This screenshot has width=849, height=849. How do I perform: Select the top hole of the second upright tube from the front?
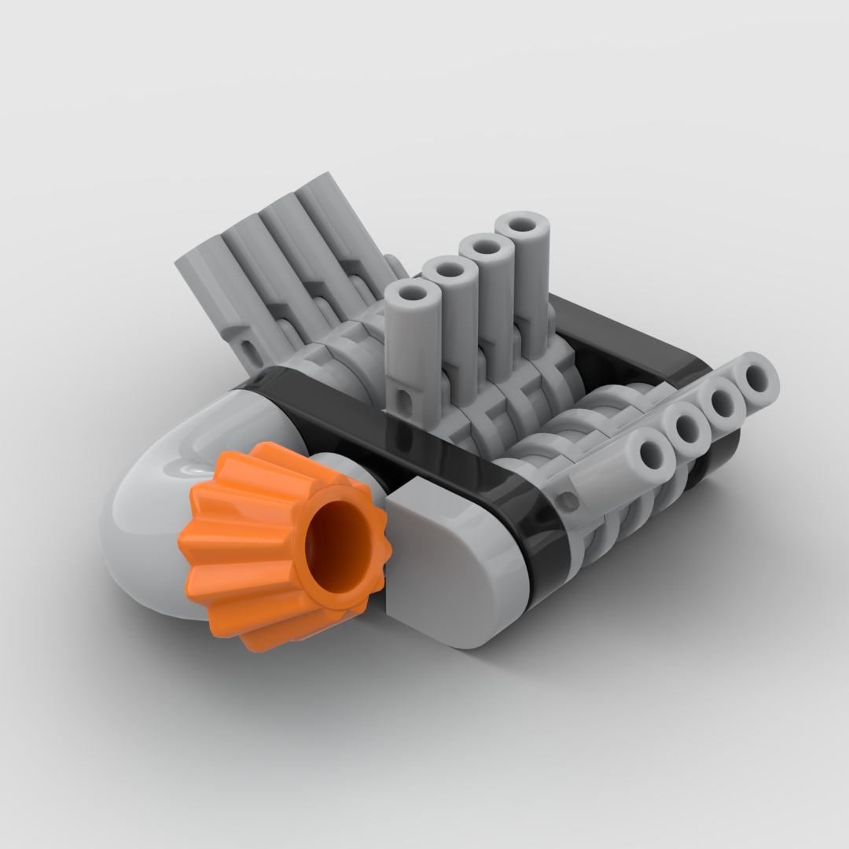coord(450,270)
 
